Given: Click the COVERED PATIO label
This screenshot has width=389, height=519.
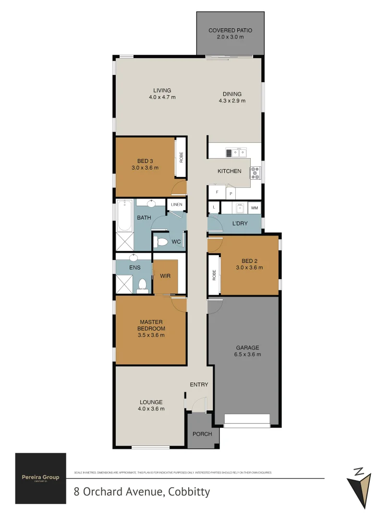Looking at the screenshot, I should point(230,30).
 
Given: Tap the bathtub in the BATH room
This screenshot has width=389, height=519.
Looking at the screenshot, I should point(124,215).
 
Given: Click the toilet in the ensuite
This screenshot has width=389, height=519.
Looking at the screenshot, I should point(142,286).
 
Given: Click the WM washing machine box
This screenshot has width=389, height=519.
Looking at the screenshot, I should point(254,208).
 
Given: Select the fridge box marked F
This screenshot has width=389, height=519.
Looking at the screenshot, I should point(217,192).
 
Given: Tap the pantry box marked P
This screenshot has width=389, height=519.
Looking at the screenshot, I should point(231,194).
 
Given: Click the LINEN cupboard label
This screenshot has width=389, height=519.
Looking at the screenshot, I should point(176,205).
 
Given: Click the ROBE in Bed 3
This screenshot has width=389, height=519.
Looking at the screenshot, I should point(181,158).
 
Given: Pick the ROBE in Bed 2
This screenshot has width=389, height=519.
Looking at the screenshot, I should point(214,275).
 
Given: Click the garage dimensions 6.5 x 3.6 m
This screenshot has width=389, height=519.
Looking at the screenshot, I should point(247,355).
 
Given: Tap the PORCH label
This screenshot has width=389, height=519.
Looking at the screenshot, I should point(202,434).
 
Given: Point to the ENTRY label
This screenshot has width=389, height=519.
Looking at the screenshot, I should point(199,384).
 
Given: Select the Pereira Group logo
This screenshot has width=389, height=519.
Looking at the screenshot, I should point(40,478).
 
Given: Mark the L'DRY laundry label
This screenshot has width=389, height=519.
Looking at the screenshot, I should point(240,224).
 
